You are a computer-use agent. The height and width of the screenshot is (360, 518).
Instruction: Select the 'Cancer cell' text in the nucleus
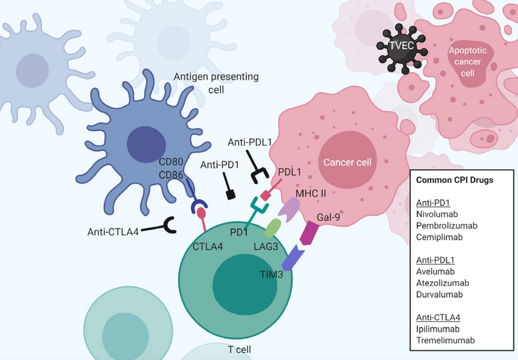click(x=348, y=162)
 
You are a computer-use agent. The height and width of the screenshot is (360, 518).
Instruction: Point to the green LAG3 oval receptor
click(x=274, y=228)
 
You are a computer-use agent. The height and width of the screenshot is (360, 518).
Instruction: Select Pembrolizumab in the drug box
click(x=446, y=225)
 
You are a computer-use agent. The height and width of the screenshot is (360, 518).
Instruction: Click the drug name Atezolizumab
click(x=442, y=283)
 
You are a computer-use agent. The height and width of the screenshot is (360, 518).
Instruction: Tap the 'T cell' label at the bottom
click(x=239, y=349)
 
